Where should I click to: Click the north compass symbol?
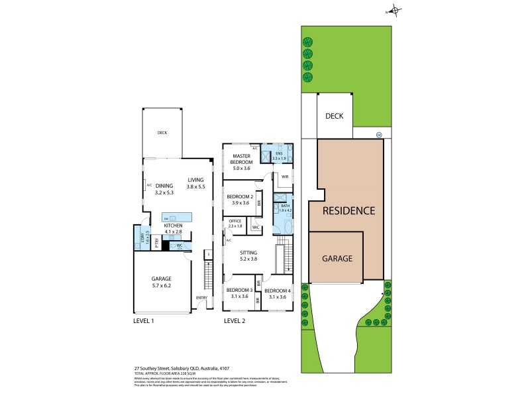395,11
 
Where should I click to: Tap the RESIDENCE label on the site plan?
349,211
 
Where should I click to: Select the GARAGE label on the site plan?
337,259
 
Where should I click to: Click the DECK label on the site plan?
334,116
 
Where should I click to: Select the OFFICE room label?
235,221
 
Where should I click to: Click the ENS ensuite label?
279,153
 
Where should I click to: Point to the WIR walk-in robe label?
284,177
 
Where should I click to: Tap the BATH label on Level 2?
285,206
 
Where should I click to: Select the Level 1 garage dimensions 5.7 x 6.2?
162,286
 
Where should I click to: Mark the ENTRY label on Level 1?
201,297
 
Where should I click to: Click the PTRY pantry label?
156,242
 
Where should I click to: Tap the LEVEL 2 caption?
235,321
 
